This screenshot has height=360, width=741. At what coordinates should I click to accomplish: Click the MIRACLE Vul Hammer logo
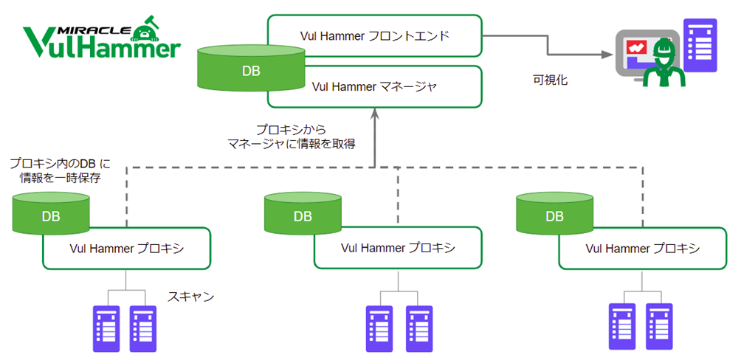click(101, 41)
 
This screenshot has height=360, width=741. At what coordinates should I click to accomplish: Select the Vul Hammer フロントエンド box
click(374, 35)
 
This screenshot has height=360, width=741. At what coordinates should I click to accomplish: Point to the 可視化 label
click(550, 80)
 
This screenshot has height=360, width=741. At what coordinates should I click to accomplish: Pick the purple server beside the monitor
click(699, 44)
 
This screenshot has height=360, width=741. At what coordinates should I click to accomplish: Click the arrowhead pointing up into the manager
click(374, 115)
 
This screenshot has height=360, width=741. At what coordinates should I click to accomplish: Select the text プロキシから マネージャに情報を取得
click(291, 136)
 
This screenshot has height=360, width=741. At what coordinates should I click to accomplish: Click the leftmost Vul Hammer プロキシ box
click(127, 249)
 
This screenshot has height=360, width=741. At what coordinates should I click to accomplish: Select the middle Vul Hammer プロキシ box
click(399, 249)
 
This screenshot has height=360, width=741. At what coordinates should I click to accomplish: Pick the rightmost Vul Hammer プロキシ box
click(643, 249)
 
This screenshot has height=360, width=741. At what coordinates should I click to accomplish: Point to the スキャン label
click(190, 297)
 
